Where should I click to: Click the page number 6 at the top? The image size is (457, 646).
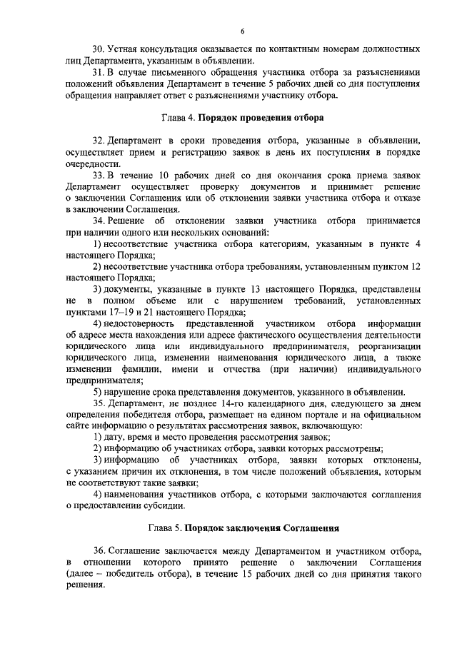242,31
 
